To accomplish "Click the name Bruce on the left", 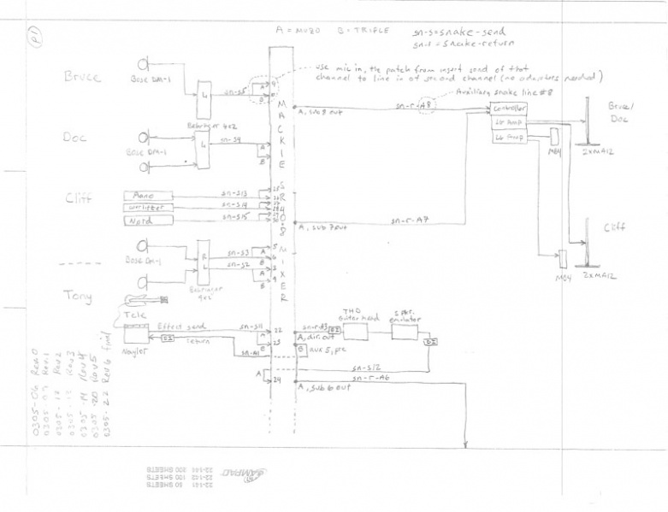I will tap(82, 76).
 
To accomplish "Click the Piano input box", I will tap(150, 195).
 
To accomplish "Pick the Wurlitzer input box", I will tap(150, 207).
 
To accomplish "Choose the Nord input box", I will tap(150, 219).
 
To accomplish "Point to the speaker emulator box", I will tap(407, 329).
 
